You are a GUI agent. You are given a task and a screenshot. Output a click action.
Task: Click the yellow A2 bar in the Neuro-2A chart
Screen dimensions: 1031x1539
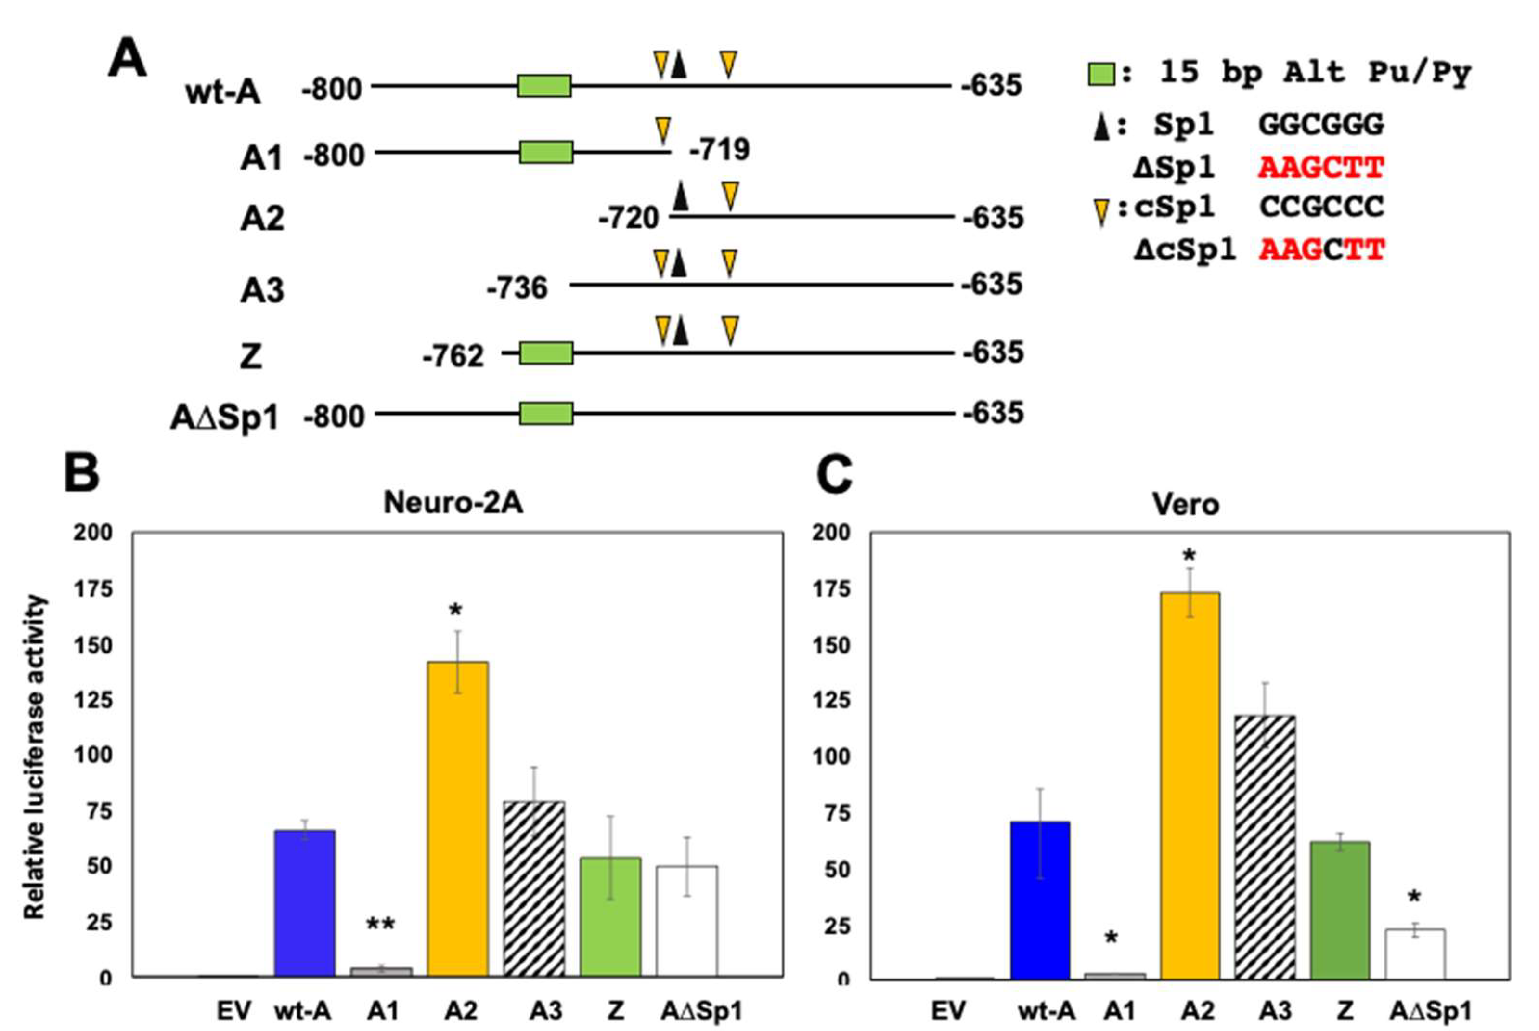[x=457, y=819]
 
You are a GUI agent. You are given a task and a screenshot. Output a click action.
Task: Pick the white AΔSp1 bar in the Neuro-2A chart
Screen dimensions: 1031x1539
[x=687, y=921]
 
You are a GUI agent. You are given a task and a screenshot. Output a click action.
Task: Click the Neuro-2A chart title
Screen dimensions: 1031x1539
[x=453, y=503]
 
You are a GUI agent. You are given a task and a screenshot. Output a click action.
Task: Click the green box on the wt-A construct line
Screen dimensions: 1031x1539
[x=544, y=86]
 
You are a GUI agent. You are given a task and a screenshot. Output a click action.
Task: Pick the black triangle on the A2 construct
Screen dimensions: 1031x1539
[x=681, y=197]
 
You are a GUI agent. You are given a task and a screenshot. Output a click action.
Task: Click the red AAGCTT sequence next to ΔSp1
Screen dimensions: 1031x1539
[x=1321, y=168]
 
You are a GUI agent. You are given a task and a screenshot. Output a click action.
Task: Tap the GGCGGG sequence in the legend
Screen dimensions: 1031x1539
[x=1321, y=125]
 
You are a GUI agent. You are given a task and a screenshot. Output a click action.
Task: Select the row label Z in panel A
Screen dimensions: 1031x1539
[x=251, y=357]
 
